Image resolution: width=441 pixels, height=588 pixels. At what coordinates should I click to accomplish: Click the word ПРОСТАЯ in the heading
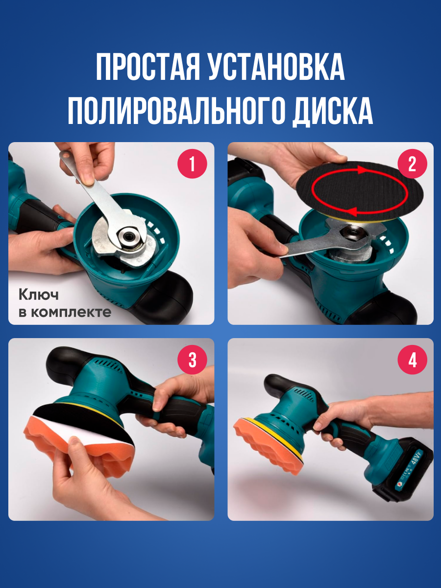148,67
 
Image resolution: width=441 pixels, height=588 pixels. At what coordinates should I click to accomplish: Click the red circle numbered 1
192,164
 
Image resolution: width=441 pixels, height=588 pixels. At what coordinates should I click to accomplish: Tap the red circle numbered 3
192,360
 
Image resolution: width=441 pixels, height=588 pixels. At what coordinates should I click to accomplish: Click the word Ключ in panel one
39,295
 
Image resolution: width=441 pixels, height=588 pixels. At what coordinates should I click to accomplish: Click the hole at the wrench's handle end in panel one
65,156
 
